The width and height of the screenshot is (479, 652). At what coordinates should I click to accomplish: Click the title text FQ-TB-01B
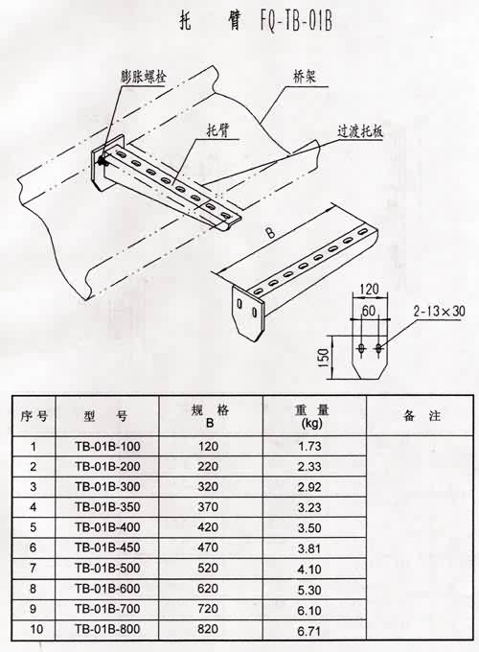pos(296,22)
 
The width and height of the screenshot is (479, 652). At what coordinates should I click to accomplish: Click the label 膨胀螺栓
pos(144,77)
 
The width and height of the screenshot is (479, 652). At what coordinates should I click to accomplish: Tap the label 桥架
pos(304,77)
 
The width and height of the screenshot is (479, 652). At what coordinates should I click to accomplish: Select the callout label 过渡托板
pos(360,131)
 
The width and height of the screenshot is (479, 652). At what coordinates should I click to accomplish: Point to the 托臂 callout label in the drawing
pos(218,131)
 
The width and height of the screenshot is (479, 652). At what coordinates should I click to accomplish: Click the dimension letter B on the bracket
pos(270,233)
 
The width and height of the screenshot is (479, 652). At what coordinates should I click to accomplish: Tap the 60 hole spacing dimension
pos(369,311)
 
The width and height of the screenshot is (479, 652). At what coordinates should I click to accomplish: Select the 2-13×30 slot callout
pos(439,311)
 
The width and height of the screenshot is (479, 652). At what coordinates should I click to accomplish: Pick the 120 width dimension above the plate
pos(369,289)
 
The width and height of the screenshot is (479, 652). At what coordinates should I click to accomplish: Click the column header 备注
pos(422,415)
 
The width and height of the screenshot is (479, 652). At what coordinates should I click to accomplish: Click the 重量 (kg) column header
pos(311,416)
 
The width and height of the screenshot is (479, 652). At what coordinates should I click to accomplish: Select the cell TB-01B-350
pos(107,507)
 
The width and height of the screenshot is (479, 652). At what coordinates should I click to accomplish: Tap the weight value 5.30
pos(309,590)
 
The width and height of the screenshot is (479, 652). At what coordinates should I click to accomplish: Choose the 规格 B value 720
pos(208,608)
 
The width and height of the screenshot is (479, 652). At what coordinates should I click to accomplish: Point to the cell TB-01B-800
pos(107,629)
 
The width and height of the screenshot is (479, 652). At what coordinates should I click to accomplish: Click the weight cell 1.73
pos(309,447)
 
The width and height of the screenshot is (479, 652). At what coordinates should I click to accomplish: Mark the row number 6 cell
pos(34,547)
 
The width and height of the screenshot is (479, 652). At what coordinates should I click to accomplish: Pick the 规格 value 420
pos(208,526)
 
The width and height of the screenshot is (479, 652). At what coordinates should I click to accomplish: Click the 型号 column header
pos(106,415)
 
